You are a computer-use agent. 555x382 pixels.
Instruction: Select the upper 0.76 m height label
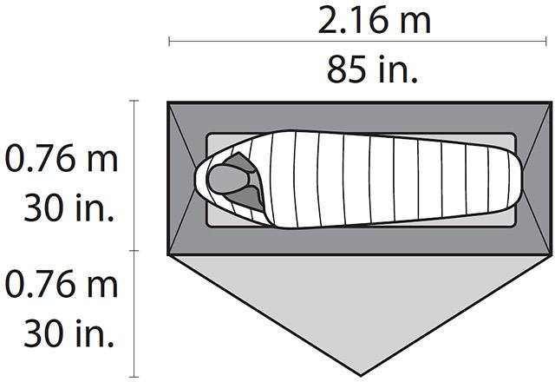tap(61, 160)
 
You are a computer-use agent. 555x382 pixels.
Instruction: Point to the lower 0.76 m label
tap(61, 283)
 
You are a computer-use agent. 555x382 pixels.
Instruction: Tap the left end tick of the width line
tap(169, 41)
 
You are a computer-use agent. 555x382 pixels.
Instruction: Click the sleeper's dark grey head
tap(230, 178)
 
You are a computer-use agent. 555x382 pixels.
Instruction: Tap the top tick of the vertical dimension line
tap(134, 102)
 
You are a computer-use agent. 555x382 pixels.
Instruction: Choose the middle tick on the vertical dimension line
tap(134, 252)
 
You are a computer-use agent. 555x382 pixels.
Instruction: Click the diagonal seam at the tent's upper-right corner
tap(534, 118)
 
